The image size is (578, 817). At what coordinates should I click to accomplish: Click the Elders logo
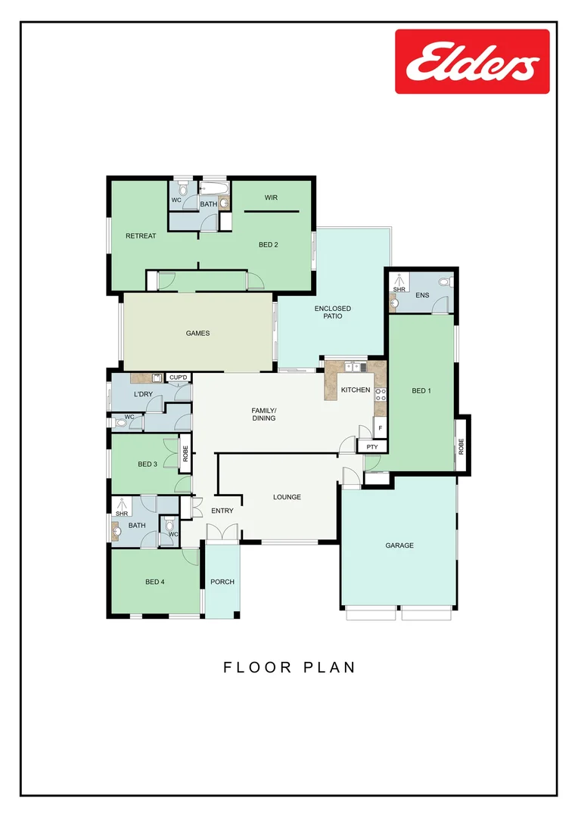click(x=472, y=61)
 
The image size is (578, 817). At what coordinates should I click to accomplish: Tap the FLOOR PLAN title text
click(x=289, y=667)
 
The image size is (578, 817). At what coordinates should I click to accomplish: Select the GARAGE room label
click(x=399, y=545)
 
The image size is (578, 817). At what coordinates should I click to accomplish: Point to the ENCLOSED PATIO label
click(x=333, y=312)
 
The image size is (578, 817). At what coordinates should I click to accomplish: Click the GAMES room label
click(x=197, y=333)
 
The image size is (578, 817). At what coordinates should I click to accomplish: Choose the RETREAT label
click(x=141, y=236)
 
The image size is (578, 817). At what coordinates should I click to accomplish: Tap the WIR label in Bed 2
click(x=271, y=197)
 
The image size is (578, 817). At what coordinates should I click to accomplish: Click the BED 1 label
click(x=421, y=391)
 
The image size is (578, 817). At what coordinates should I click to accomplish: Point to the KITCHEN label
click(x=356, y=390)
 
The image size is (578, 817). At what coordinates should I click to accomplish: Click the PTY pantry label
click(x=371, y=447)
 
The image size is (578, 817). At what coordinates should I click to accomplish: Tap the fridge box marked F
click(x=381, y=428)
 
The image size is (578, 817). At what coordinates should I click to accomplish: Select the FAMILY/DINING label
click(x=263, y=415)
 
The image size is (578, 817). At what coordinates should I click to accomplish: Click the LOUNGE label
click(x=287, y=497)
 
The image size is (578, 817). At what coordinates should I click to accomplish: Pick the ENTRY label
click(x=222, y=511)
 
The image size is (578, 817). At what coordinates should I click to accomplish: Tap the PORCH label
click(x=222, y=582)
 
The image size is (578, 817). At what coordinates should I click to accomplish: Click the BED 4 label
click(x=155, y=582)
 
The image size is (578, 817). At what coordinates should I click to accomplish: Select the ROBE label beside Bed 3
click(x=185, y=454)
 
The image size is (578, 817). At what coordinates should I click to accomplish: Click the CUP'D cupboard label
click(x=179, y=377)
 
